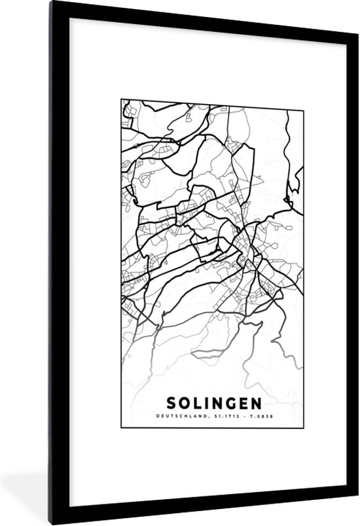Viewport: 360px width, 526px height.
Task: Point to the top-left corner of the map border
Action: (x=122, y=100)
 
